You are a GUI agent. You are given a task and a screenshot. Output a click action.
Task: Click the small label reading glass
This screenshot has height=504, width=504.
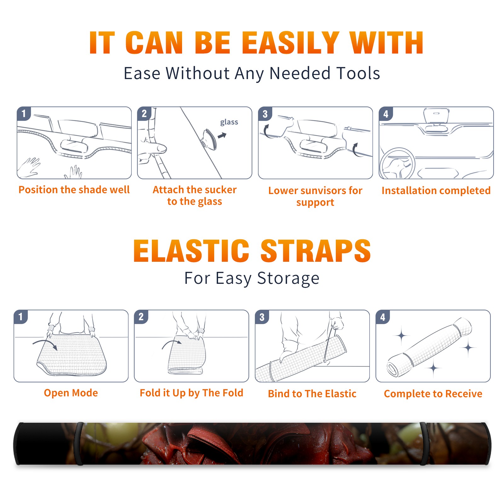coord(229,122)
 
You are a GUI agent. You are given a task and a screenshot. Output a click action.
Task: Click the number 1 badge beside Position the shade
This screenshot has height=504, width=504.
coord(24,113)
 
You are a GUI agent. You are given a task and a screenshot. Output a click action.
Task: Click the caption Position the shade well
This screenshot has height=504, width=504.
coord(74,190)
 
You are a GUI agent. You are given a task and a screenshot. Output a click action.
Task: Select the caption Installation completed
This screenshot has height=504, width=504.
coord(436,190)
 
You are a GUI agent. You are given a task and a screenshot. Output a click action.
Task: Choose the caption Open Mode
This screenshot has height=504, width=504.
coord(71,393)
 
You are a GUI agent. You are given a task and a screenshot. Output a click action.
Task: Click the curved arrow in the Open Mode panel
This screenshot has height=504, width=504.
coord(46,342)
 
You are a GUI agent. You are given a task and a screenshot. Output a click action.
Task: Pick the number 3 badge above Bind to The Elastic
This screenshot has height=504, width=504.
coord(262,317)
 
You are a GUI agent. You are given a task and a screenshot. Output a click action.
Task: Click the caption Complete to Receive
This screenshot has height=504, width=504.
coord(433,394)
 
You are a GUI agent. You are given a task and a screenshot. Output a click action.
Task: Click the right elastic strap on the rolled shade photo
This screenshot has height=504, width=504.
coord(423,444)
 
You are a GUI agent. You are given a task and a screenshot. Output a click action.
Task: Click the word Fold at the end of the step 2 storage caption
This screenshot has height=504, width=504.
coord(233,393)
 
